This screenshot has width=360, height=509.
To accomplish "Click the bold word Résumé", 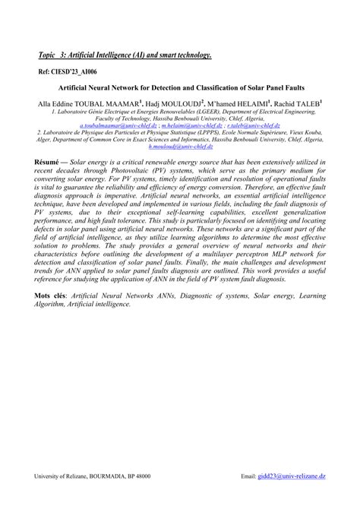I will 51,163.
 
